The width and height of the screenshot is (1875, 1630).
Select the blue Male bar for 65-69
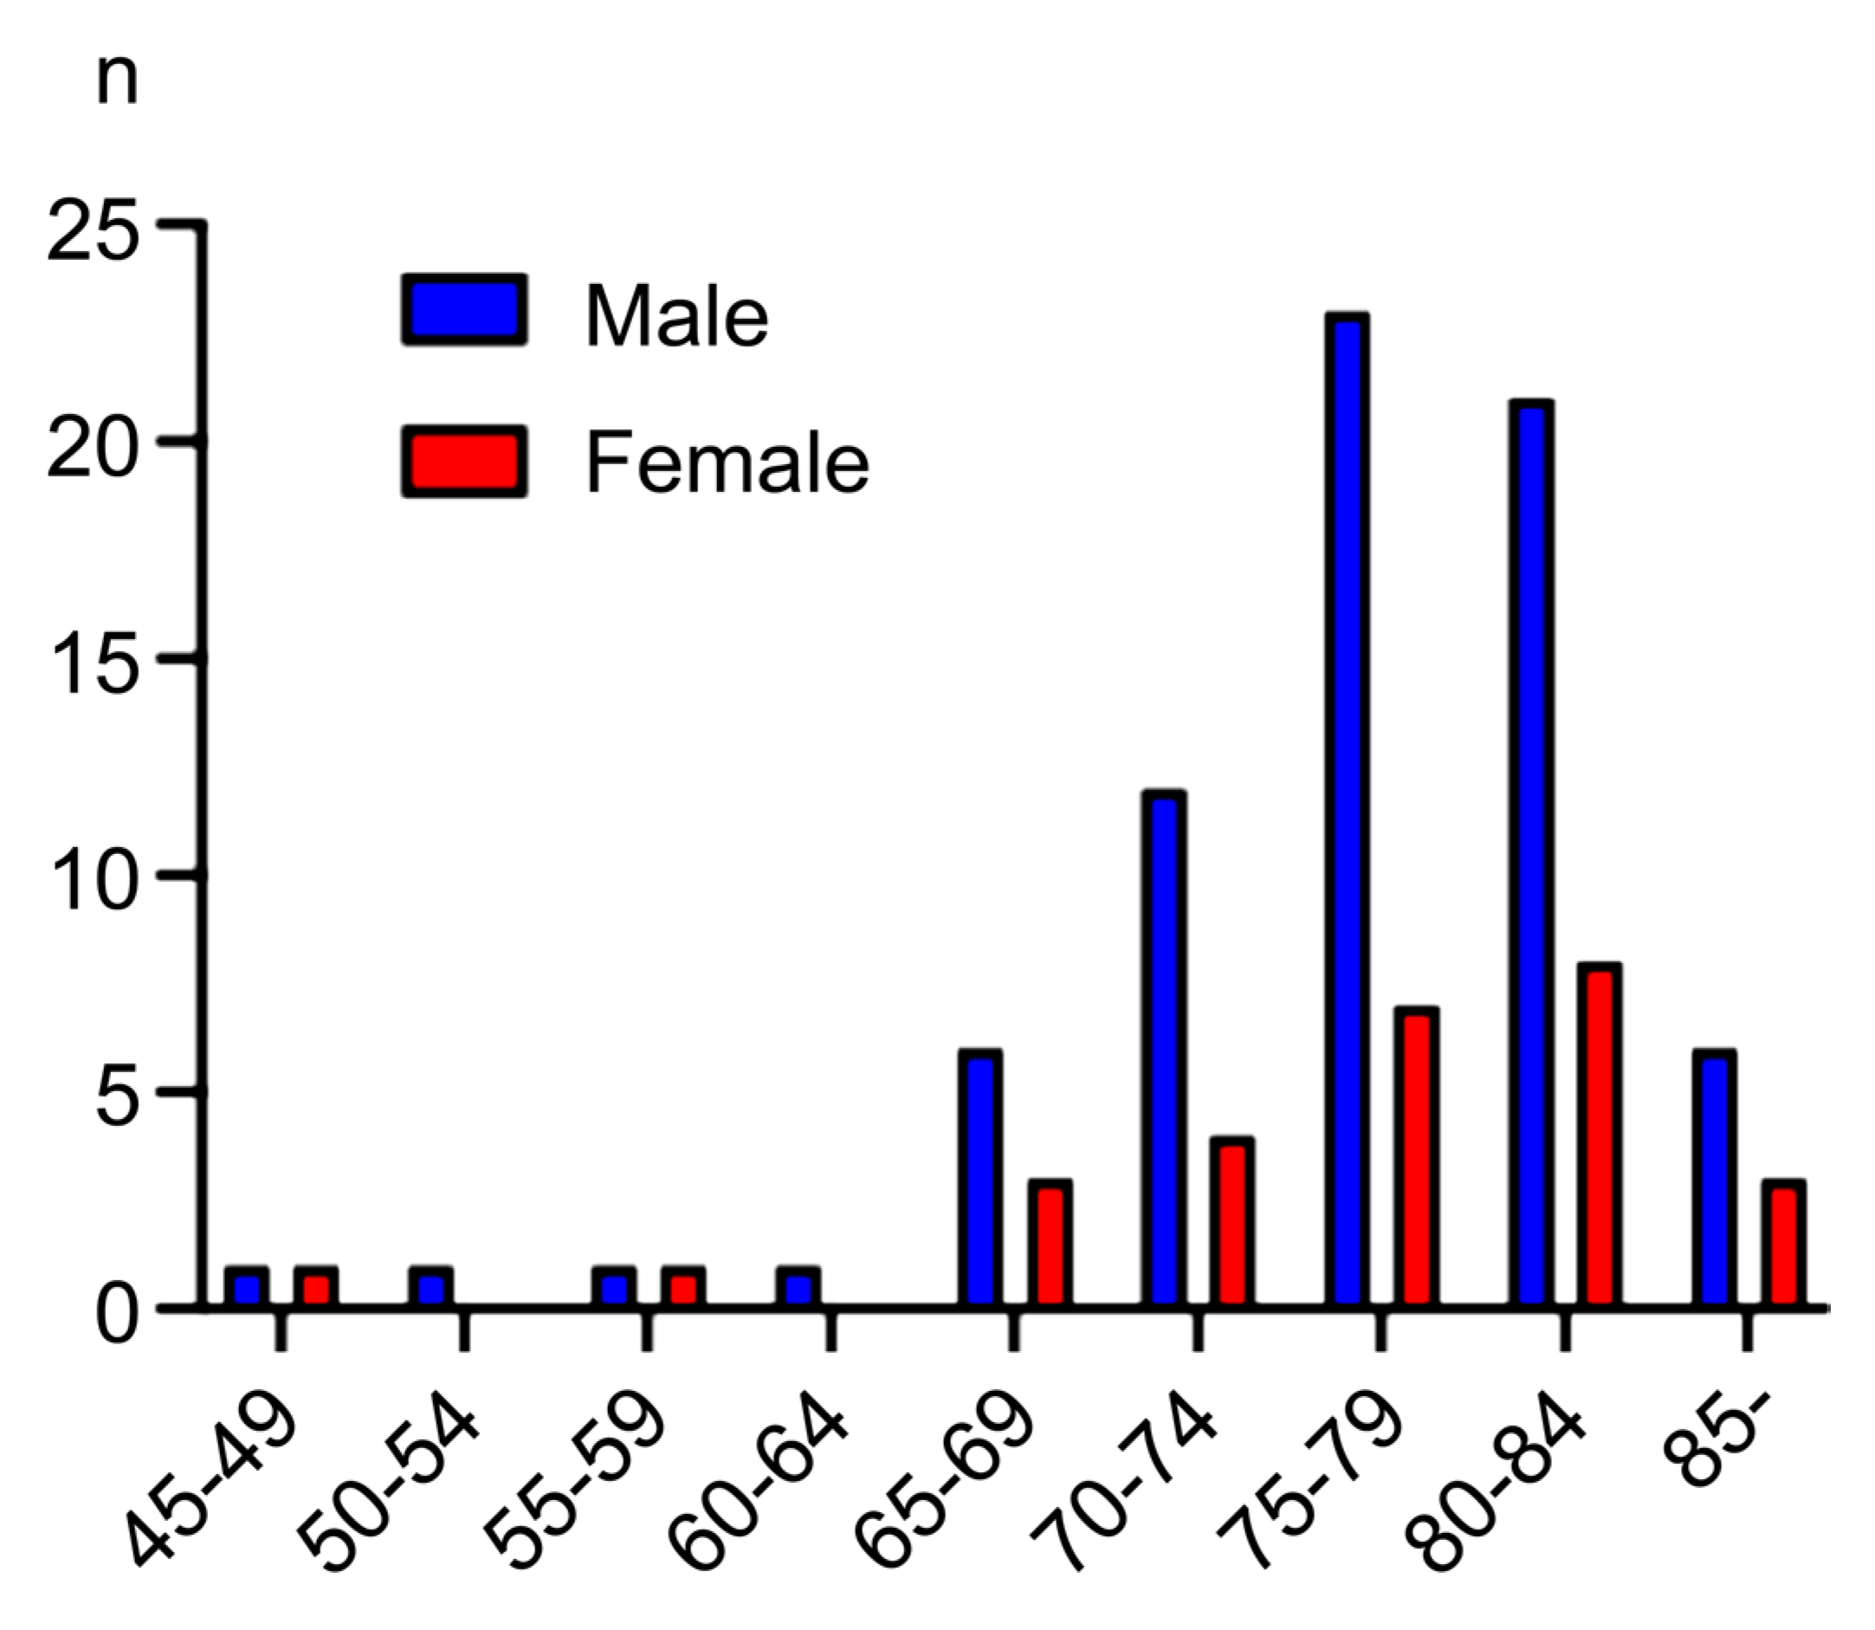coord(980,1179)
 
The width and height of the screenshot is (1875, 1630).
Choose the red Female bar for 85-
coord(1783,1244)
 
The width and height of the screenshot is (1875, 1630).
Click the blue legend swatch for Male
coord(463,310)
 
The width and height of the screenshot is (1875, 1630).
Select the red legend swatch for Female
coord(463,461)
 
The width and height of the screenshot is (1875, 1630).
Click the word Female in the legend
coord(727,462)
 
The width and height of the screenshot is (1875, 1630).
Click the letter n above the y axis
coord(117,83)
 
